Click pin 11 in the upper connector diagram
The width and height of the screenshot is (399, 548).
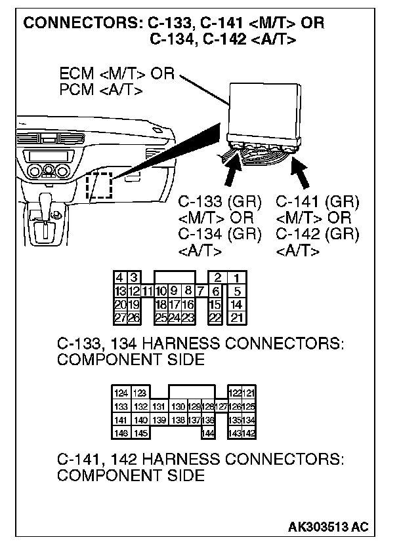tap(148, 291)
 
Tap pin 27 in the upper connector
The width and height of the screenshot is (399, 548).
tap(120, 317)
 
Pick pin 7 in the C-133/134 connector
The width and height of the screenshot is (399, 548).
tap(201, 291)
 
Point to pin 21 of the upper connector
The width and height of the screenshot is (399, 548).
tap(236, 317)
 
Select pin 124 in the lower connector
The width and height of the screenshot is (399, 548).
tap(121, 393)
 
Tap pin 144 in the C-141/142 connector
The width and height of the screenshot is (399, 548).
tap(209, 433)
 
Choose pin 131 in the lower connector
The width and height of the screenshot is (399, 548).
tap(158, 407)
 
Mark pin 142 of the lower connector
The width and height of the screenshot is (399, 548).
tap(248, 433)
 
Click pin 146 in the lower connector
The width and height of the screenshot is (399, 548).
tap(121, 433)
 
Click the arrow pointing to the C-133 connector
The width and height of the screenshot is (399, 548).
tap(233, 174)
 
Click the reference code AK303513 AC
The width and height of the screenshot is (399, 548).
tap(327, 526)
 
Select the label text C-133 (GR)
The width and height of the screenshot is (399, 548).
tap(220, 201)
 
